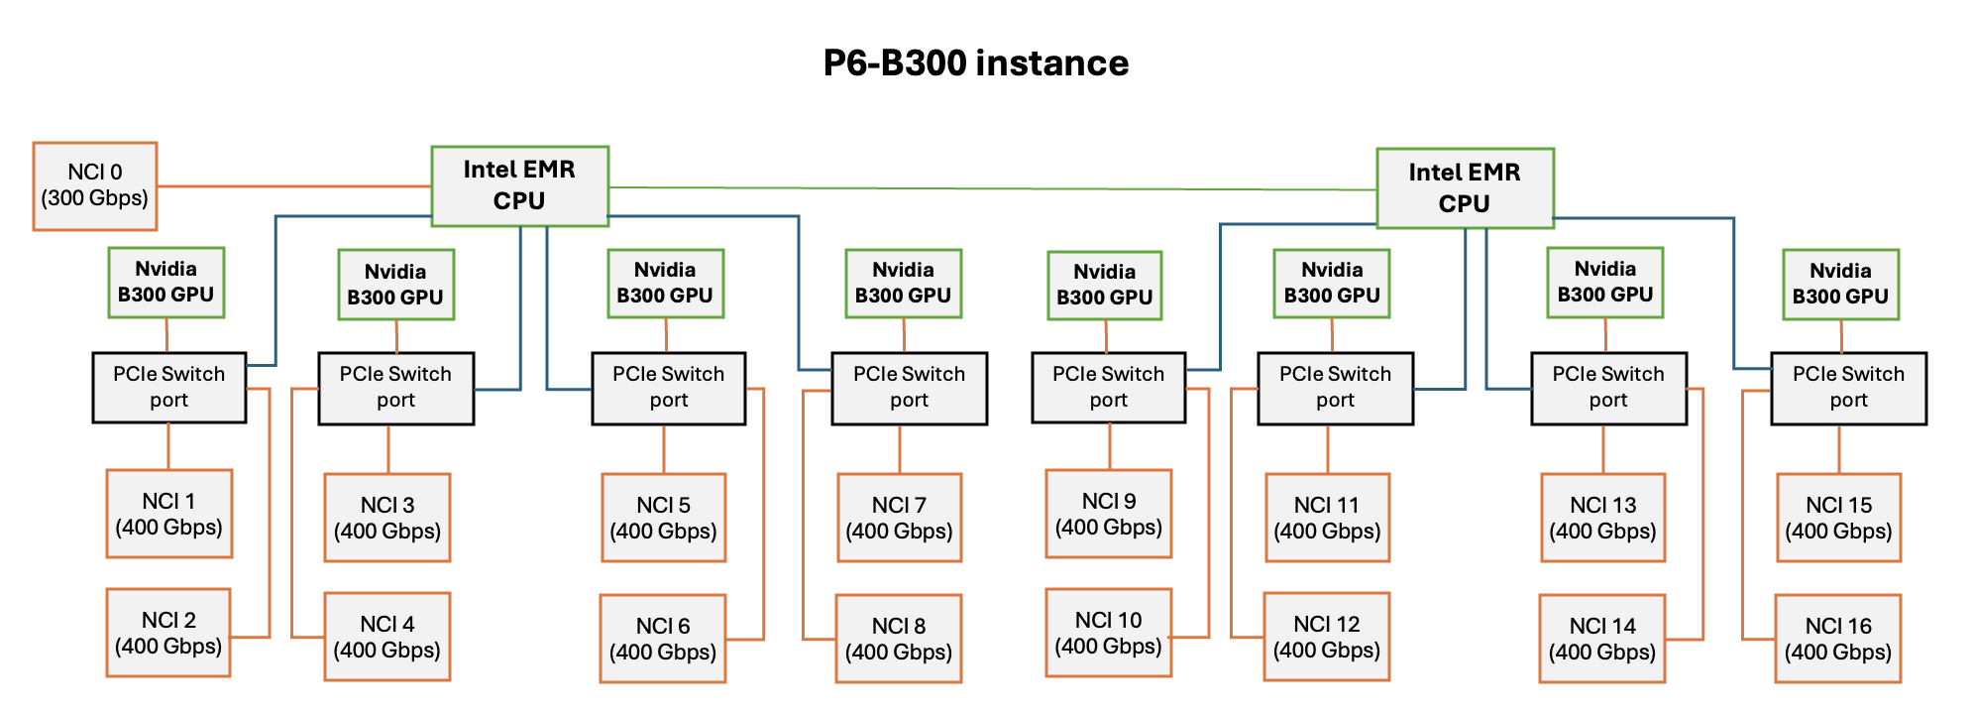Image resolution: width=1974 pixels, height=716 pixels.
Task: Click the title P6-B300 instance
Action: click(975, 63)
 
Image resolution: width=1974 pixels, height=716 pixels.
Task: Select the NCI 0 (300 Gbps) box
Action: click(95, 186)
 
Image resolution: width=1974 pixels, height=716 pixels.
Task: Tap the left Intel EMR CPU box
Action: click(519, 185)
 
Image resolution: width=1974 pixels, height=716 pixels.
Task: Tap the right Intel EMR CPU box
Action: click(1464, 188)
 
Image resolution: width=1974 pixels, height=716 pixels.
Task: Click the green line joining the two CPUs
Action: click(991, 188)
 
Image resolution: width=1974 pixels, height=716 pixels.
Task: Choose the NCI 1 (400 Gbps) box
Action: click(168, 514)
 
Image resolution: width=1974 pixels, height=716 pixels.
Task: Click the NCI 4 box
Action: click(386, 637)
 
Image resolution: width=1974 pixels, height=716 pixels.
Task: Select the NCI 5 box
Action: click(663, 518)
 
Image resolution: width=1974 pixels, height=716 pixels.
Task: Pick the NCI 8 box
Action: click(898, 639)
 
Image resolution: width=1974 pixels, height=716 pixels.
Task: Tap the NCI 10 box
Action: click(1108, 633)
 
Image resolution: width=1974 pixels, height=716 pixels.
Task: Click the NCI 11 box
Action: click(1327, 518)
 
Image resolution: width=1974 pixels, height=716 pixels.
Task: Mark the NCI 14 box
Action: click(1601, 639)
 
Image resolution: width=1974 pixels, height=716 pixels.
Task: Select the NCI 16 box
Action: click(1837, 639)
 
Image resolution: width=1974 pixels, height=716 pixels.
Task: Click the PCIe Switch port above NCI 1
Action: click(168, 387)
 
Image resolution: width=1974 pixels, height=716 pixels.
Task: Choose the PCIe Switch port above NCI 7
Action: click(909, 388)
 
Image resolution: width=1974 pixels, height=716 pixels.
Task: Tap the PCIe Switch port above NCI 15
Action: click(1848, 388)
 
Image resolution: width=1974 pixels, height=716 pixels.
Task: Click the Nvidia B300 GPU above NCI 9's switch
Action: click(1104, 285)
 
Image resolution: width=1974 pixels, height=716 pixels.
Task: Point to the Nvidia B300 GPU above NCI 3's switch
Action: click(395, 285)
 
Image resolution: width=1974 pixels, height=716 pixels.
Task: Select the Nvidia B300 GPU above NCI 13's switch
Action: click(1604, 282)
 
